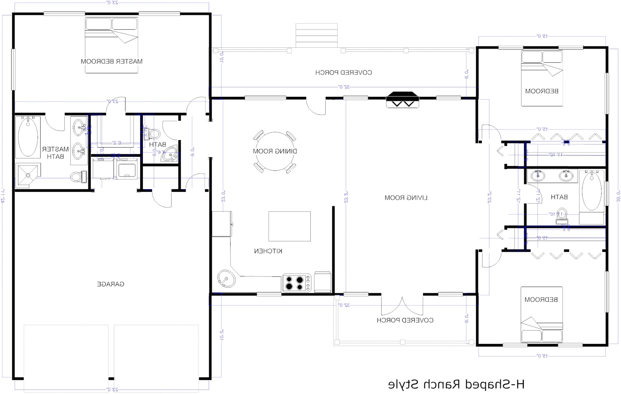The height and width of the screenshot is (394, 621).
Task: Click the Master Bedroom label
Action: [x=111, y=61]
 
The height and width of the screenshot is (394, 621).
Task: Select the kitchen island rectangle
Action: [x=289, y=226]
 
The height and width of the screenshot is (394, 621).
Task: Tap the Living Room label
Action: [x=406, y=198]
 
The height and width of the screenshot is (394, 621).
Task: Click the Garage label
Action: [x=111, y=284]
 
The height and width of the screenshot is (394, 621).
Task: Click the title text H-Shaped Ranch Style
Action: [x=456, y=384]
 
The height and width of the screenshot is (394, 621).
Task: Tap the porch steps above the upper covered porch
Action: [x=316, y=36]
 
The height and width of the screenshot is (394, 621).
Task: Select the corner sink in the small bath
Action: [x=170, y=154]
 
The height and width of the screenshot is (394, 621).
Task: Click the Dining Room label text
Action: [x=275, y=151]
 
